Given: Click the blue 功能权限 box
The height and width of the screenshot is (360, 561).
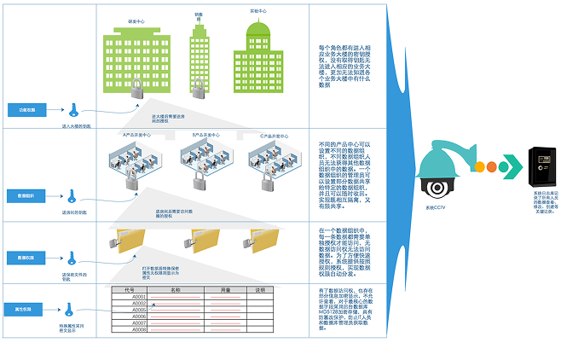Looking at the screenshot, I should click(27, 110).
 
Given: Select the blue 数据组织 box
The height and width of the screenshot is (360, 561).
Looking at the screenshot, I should click(27, 195).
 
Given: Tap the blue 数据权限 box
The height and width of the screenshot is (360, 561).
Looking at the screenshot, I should click(27, 256).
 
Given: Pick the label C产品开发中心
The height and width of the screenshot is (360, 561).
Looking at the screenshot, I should click(274, 135).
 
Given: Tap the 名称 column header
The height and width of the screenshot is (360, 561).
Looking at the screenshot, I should click(177, 290).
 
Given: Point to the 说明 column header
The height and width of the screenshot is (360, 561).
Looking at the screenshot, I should click(261, 290).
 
